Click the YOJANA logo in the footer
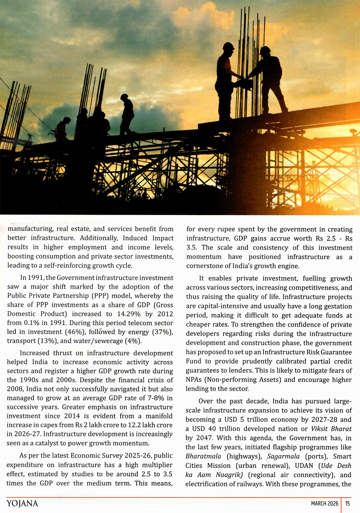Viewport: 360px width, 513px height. (22, 503)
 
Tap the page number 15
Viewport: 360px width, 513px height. (347, 503)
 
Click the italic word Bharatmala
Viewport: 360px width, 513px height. (203, 457)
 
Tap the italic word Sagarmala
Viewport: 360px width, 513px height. (283, 457)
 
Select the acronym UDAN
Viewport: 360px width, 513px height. (304, 466)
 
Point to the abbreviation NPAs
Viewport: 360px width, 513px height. (194, 380)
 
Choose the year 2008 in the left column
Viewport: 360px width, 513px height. (15, 389)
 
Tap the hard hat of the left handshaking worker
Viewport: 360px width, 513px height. (228, 46)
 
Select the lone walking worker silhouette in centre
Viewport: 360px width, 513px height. (127, 114)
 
